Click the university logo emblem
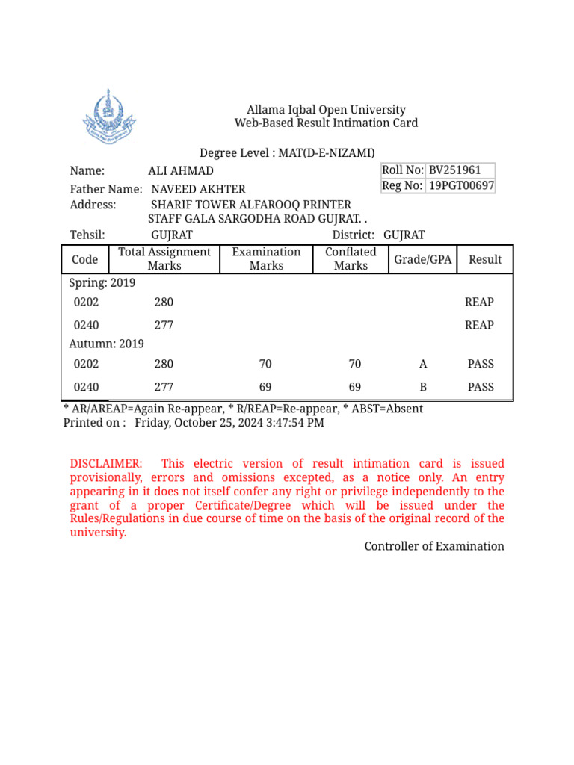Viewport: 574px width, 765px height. pyautogui.click(x=109, y=118)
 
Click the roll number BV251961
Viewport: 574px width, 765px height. pyautogui.click(x=454, y=170)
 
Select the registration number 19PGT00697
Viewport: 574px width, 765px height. pyautogui.click(x=460, y=185)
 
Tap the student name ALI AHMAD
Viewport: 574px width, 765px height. pyautogui.click(x=181, y=171)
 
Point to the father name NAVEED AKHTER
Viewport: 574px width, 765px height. pyautogui.click(x=198, y=190)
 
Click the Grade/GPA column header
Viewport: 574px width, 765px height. pyautogui.click(x=422, y=259)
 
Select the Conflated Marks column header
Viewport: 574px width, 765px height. pyautogui.click(x=351, y=259)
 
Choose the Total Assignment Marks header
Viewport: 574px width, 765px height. pyautogui.click(x=164, y=259)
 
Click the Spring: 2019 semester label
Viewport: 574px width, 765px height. pyautogui.click(x=102, y=283)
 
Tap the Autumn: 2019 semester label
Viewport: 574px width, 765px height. pyautogui.click(x=106, y=344)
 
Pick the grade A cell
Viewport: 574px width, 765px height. pyautogui.click(x=423, y=364)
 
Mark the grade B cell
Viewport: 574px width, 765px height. pyautogui.click(x=423, y=387)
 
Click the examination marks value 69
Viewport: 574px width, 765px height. pyautogui.click(x=265, y=387)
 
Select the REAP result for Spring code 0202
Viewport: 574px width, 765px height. pyautogui.click(x=479, y=302)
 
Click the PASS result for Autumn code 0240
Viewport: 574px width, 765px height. pyautogui.click(x=481, y=387)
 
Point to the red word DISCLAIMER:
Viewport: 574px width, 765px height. pyautogui.click(x=105, y=464)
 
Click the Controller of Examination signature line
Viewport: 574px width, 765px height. pyautogui.click(x=434, y=546)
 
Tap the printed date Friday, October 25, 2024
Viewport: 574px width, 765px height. pyautogui.click(x=229, y=423)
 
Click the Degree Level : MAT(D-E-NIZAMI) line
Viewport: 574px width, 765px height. pyautogui.click(x=287, y=153)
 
